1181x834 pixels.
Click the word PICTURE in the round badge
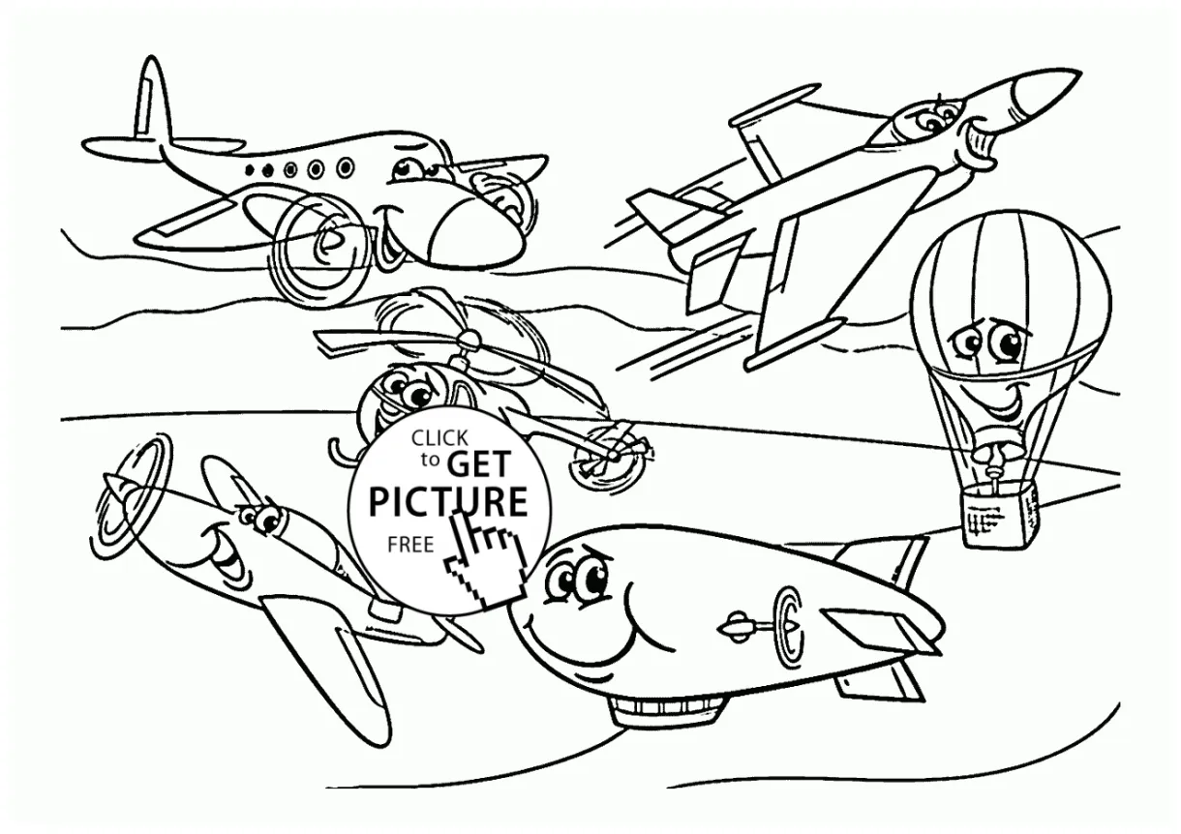click(448, 502)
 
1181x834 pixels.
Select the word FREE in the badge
click(410, 545)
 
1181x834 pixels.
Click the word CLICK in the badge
click(439, 438)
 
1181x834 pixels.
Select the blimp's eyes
click(575, 579)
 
